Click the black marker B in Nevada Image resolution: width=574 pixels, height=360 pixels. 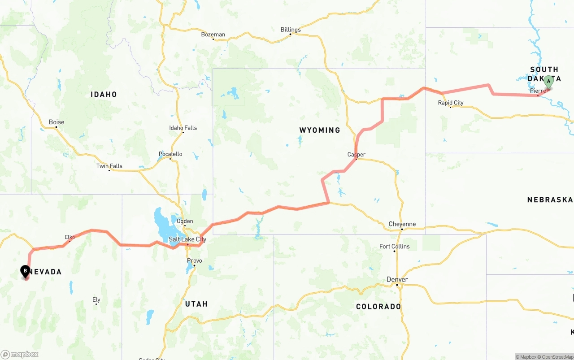[26, 271]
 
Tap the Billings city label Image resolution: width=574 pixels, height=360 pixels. [291, 30]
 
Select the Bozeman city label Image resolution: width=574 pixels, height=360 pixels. [213, 35]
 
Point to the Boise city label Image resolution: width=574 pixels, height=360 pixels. [57, 122]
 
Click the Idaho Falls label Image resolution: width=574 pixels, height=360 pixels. [183, 128]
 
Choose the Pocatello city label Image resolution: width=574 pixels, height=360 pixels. [170, 154]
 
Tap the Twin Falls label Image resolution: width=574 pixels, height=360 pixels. [109, 166]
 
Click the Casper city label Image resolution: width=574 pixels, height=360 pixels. [357, 155]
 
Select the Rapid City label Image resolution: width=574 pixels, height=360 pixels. [451, 103]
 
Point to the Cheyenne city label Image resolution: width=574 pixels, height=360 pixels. [402, 224]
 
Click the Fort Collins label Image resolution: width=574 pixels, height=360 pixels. [395, 247]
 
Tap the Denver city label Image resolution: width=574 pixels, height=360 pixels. [397, 279]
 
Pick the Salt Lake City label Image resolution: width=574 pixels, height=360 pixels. [187, 239]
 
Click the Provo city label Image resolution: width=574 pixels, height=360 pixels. [195, 260]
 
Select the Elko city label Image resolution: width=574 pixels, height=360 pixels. [70, 237]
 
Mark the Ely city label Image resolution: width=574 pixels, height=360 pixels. [96, 299]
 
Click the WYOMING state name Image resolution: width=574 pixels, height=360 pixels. [320, 130]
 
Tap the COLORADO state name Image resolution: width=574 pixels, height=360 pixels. [378, 307]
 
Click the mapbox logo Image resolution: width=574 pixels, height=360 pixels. [20, 354]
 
